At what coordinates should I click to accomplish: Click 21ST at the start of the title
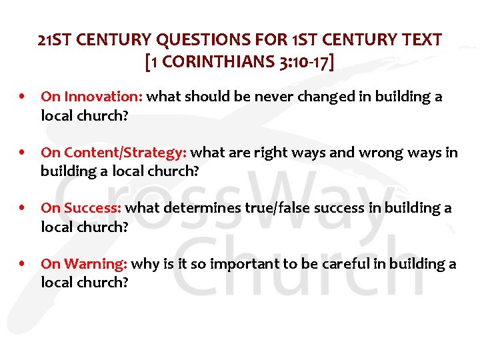point(55,40)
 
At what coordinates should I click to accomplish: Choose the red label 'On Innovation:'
point(91,97)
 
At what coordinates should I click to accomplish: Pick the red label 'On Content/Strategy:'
point(113,153)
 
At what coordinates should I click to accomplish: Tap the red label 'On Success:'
point(81,208)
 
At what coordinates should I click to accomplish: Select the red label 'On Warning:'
point(84,264)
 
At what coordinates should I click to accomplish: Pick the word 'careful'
point(344,264)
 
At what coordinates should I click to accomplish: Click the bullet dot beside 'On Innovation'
point(23,97)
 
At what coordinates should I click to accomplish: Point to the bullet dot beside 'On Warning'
point(23,264)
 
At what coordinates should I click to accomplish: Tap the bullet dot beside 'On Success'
point(23,208)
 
